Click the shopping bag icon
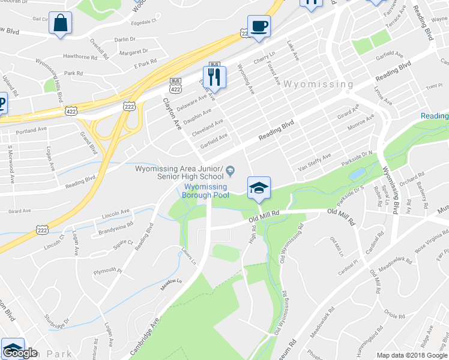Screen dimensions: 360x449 click(x=61, y=24)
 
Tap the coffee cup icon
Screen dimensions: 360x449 click(x=259, y=26)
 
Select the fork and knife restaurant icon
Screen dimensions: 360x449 click(x=214, y=76)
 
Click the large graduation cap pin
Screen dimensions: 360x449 click(x=259, y=188)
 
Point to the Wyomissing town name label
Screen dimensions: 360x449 click(x=318, y=84)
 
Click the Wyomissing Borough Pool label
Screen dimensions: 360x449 click(x=206, y=191)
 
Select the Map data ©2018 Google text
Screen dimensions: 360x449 click(x=412, y=355)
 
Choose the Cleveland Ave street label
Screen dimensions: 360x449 click(x=208, y=128)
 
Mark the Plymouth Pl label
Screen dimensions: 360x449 click(x=107, y=271)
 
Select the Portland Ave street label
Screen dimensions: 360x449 click(x=31, y=129)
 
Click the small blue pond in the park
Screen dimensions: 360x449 click(x=357, y=174)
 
